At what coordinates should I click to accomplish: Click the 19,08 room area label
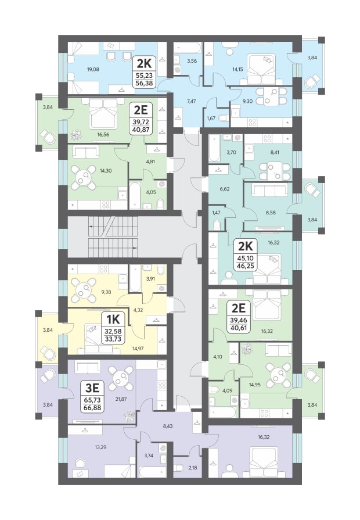click(93, 70)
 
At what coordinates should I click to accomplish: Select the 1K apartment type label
click(113, 320)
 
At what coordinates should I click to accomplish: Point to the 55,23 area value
click(145, 76)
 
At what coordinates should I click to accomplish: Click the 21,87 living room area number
click(121, 399)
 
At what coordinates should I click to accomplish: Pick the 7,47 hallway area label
click(191, 102)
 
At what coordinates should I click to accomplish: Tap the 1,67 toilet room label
click(211, 118)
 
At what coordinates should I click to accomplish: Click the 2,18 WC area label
click(192, 468)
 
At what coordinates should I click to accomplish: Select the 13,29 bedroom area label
click(101, 447)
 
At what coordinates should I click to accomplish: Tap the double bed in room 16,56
click(103, 114)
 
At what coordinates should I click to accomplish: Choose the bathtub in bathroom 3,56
click(188, 48)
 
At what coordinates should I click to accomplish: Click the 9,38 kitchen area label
click(106, 292)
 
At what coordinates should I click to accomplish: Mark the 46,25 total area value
click(246, 266)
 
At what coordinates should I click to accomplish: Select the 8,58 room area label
click(271, 213)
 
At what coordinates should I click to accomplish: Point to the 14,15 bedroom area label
click(237, 70)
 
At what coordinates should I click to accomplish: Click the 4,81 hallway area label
click(150, 162)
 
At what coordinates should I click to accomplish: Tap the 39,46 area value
click(238, 320)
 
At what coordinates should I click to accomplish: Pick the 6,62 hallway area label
click(225, 189)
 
